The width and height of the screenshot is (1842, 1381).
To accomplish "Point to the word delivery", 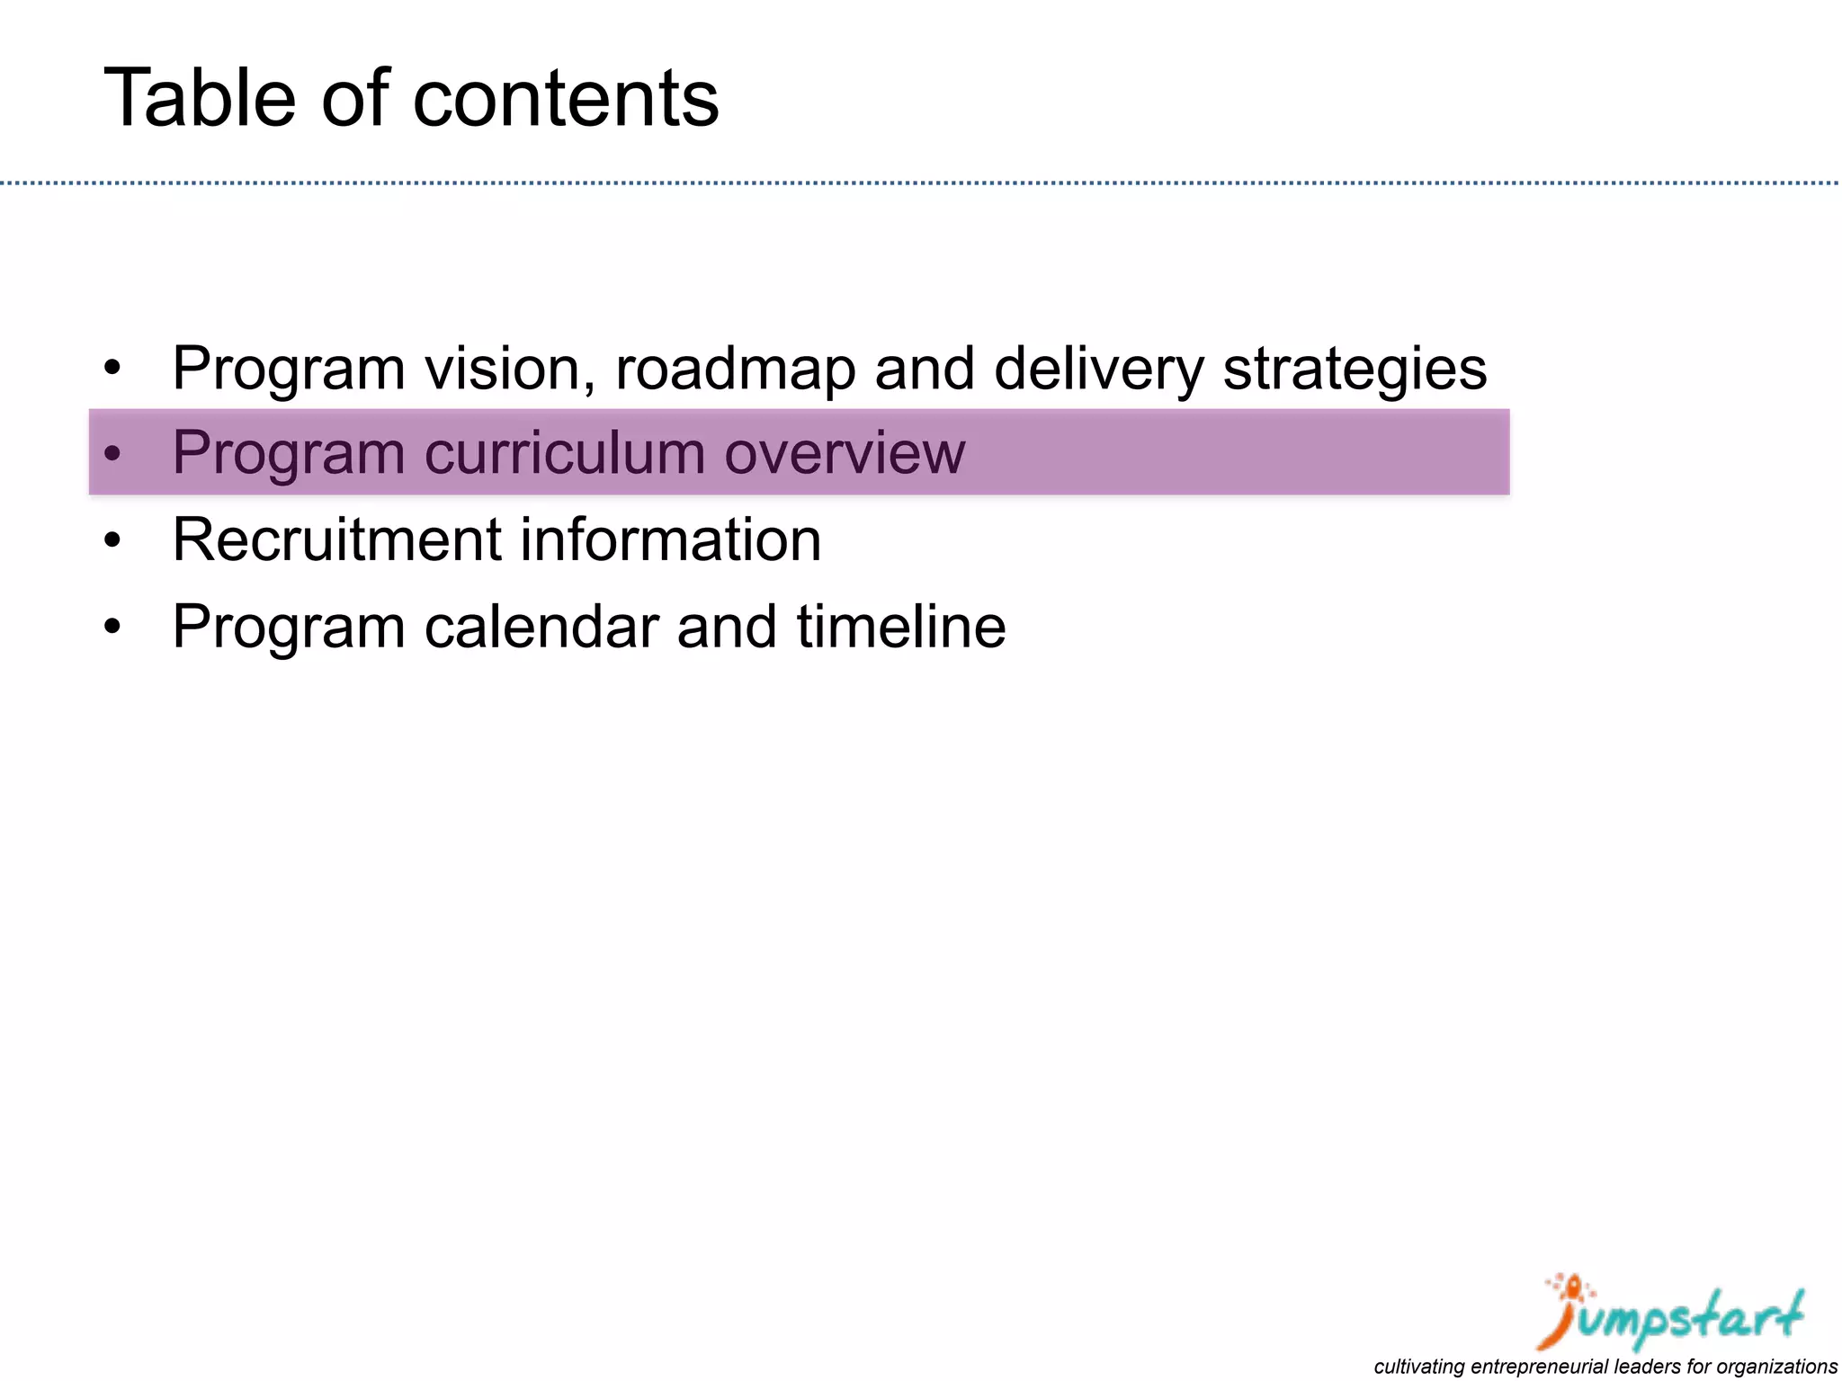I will coord(1098,368).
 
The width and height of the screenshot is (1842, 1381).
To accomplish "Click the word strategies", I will coord(1355,368).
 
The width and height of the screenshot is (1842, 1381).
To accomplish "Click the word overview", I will coord(845,452).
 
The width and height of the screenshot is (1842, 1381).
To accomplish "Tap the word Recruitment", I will coord(336,539).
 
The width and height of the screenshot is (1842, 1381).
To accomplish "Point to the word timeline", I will coord(900,627).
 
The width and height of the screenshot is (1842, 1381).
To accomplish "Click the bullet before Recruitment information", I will coord(112,541).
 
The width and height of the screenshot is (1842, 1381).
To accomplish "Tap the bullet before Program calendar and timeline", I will coord(112,628).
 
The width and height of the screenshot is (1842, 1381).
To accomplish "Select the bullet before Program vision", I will coord(112,369).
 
